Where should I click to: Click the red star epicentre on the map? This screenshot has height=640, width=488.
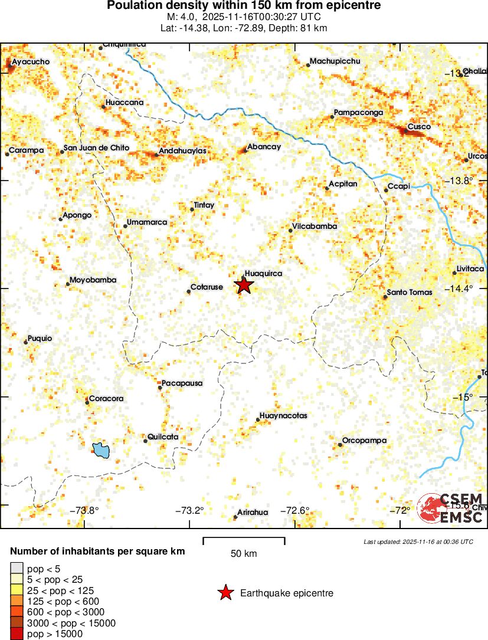[x=244, y=285]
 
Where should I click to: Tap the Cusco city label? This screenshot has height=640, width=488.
[x=419, y=127]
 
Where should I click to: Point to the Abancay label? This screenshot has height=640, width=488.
[x=264, y=147]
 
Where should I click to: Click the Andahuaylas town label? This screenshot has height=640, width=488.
[x=182, y=151]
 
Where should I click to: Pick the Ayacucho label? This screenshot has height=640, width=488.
[x=31, y=61]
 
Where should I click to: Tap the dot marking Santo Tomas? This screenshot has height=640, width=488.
[x=385, y=297]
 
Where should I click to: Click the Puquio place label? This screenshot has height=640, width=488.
[x=40, y=339]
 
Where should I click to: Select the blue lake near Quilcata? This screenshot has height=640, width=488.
[x=101, y=451]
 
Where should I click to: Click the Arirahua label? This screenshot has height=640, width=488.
[x=253, y=513]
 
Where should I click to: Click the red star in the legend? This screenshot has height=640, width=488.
[x=225, y=593]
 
